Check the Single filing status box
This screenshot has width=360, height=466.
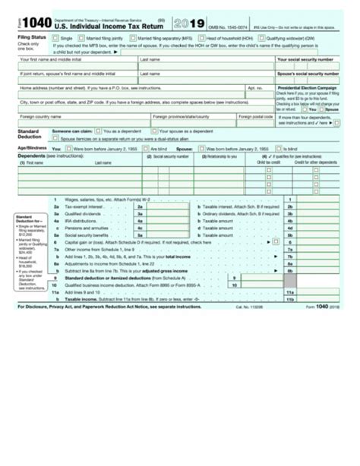[55, 36]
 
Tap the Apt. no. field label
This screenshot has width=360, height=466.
[255, 87]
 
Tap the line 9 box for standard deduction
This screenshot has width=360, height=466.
[235, 279]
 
